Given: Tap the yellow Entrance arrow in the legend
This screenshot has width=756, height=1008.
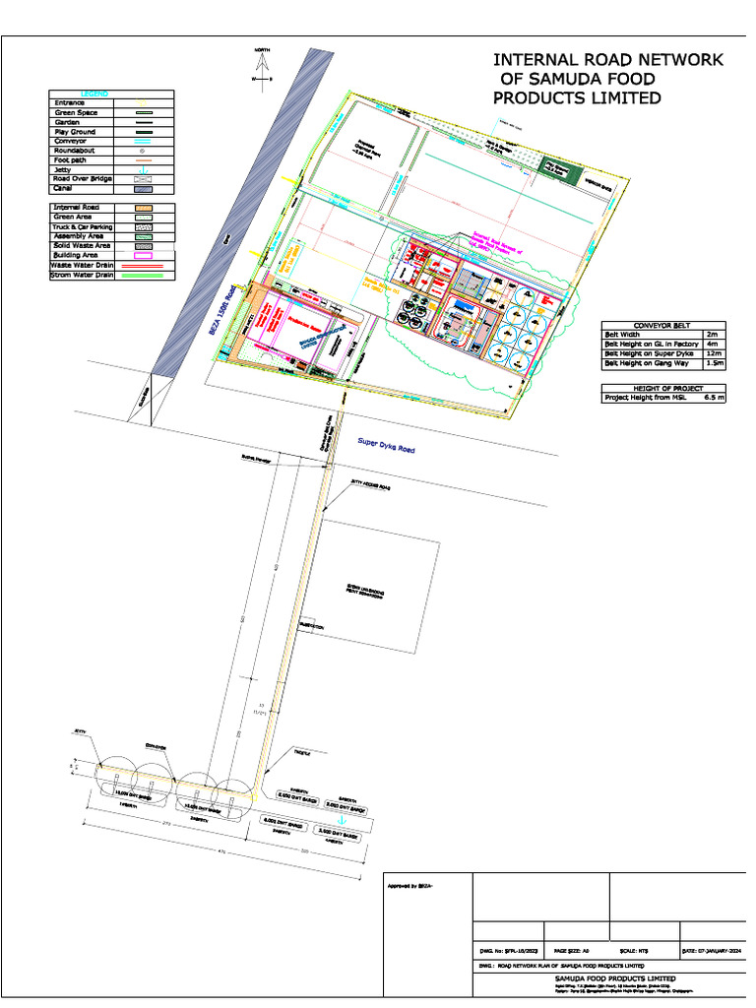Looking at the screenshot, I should (144, 102).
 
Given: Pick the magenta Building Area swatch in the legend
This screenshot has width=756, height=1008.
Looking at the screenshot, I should (144, 255).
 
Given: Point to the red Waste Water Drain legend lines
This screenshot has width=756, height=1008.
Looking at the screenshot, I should (144, 265).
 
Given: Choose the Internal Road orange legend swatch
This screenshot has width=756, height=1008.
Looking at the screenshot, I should (144, 208).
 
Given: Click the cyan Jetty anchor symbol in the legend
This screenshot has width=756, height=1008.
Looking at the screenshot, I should (144, 170).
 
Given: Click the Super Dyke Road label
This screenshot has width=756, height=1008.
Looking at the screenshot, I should (386, 446).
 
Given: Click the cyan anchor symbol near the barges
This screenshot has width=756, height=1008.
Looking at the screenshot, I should (343, 819).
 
